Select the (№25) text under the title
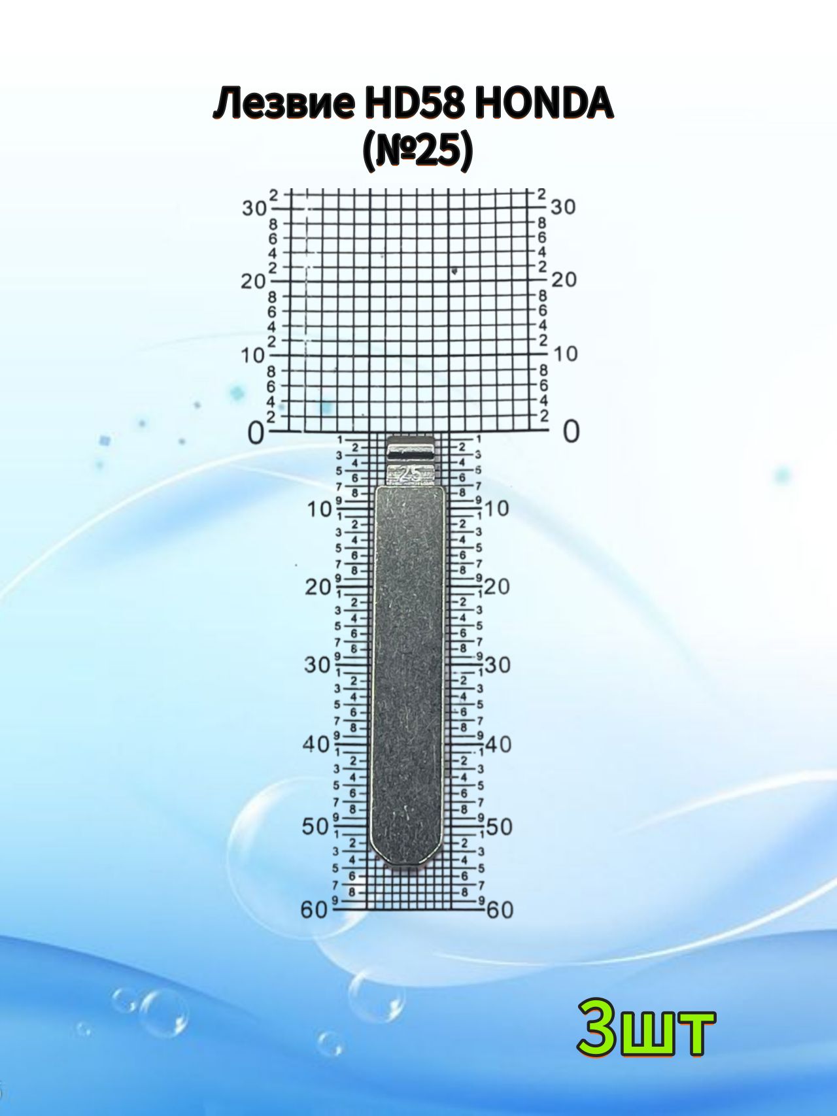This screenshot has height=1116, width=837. (x=417, y=152)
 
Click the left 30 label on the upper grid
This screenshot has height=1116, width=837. (x=254, y=209)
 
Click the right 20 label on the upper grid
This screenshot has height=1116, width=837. (x=564, y=280)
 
